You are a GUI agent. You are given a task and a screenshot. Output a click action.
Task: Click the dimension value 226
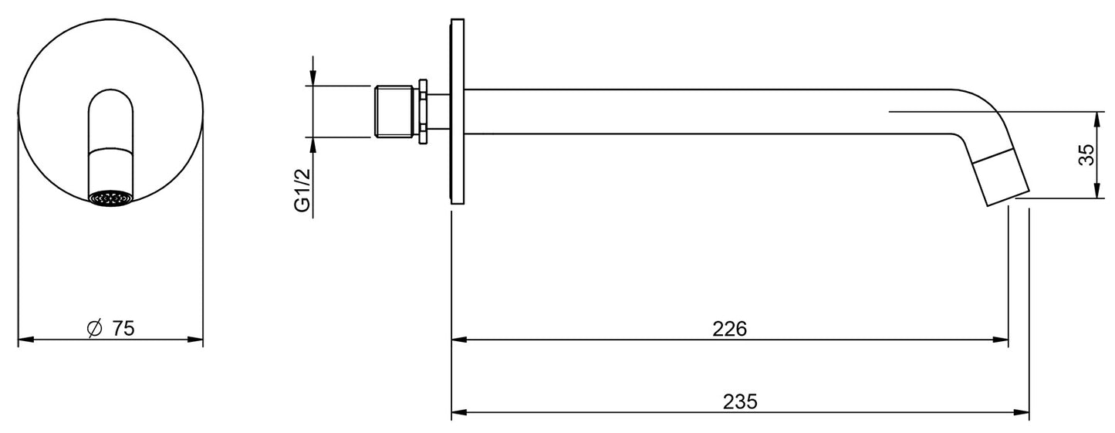[729, 329]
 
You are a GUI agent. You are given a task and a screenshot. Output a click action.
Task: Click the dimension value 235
[739, 401]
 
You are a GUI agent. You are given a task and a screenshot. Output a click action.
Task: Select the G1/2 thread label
[304, 191]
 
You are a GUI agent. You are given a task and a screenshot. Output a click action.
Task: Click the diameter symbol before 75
[93, 329]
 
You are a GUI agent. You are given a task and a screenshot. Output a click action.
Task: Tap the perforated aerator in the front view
[110, 199]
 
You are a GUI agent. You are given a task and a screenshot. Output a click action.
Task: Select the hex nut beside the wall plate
[423, 112]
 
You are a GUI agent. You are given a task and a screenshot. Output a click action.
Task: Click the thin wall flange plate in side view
[458, 112]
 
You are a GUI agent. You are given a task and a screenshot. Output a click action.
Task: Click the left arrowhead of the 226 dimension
[457, 339]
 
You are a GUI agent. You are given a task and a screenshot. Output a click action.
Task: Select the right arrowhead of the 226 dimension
[1002, 339]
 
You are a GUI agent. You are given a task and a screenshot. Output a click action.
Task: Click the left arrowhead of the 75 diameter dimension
[24, 339]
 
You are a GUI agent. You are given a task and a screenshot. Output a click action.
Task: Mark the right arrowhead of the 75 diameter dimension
[197, 339]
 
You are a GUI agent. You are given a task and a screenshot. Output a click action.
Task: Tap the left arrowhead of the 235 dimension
[457, 412]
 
